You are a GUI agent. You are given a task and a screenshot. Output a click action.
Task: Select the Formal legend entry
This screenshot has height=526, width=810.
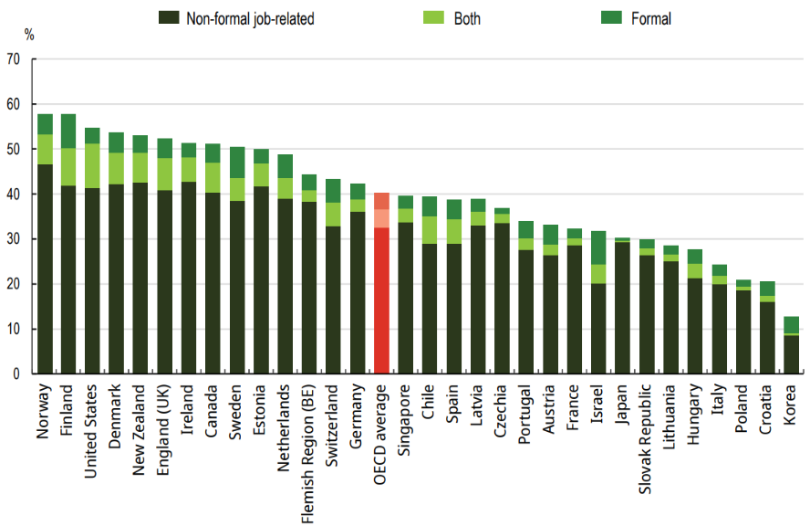point(650,18)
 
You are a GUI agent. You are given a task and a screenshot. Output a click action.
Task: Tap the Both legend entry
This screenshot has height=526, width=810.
point(467,18)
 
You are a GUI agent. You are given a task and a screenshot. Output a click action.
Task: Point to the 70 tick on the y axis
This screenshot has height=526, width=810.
point(13,60)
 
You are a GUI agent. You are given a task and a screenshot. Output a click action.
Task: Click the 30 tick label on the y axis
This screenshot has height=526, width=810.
point(13,239)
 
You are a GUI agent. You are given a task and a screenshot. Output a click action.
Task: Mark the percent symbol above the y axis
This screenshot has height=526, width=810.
point(29,36)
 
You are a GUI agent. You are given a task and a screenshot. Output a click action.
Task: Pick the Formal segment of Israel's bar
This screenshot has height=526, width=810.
point(597,247)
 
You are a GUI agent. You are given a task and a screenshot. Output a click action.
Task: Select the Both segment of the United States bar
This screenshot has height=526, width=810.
point(92,165)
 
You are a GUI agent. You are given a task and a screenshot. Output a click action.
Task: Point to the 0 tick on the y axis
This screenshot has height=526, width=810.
point(16,373)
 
